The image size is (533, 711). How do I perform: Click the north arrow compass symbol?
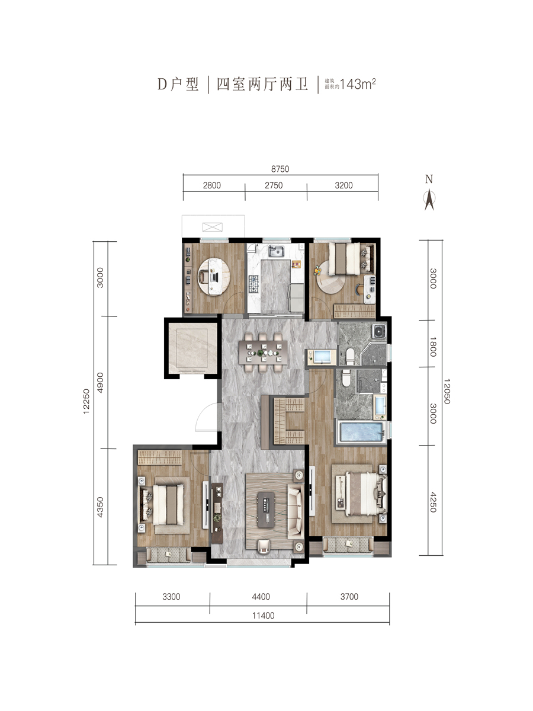point(429,200)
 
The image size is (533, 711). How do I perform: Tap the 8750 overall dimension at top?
point(280,169)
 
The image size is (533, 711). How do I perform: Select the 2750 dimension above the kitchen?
point(274,185)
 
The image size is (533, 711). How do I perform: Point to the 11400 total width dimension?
point(264,616)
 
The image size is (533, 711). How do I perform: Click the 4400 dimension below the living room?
point(261,596)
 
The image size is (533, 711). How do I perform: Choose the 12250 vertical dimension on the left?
point(86,401)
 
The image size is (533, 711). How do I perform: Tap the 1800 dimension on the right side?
point(433,347)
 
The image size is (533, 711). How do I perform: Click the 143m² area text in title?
point(358,84)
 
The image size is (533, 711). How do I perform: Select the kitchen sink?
point(277,251)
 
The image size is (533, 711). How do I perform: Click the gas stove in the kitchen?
point(253,284)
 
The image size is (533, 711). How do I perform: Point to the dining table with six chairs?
point(263,352)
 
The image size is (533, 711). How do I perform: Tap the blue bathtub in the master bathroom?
point(361,431)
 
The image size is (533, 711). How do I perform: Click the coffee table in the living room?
point(267,510)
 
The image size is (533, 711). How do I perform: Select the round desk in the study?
point(214,276)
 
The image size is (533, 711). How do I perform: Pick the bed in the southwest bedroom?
point(164,504)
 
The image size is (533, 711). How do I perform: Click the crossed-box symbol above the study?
point(212,227)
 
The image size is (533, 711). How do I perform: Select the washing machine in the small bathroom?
point(379,331)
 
